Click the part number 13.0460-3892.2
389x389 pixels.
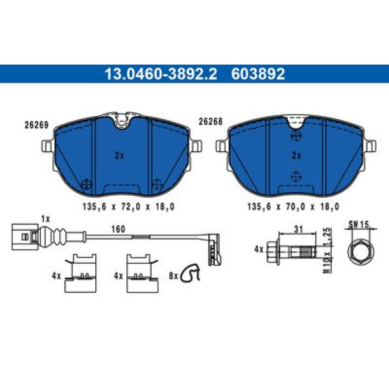pos(161,74)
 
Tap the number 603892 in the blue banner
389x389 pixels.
pos(258,74)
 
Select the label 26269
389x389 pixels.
pos(37,125)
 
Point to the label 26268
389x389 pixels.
pos(210,121)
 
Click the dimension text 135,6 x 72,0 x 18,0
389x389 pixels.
pos(128,207)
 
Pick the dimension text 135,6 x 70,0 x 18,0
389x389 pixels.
pos(293,207)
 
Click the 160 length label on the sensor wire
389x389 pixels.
pos(118,229)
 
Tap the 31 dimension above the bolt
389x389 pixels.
pos(298,229)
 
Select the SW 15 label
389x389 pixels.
pos(359,224)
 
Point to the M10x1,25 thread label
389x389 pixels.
pos(328,251)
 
